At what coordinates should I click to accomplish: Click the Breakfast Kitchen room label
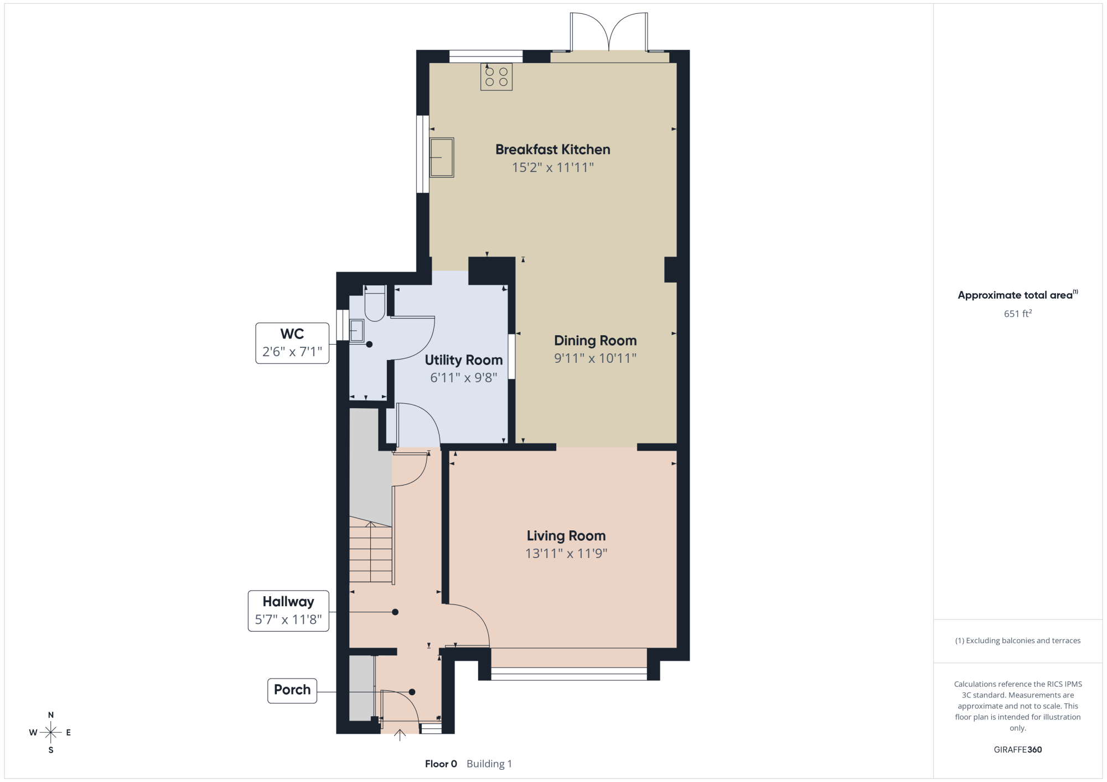point(552,149)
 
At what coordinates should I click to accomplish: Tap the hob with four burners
point(496,77)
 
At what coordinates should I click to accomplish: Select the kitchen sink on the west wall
point(442,158)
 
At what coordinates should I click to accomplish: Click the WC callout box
point(292,343)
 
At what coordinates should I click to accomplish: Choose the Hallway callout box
point(288,611)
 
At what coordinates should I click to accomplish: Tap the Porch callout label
point(292,690)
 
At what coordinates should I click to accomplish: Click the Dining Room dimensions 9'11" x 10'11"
point(595,358)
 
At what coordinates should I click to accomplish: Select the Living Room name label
point(566,536)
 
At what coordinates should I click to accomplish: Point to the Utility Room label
point(464,360)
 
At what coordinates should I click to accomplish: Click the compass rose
point(51,733)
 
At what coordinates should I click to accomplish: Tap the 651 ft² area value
point(1018,314)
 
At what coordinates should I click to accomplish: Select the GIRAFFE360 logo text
point(1018,750)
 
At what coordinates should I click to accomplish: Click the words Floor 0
point(441,764)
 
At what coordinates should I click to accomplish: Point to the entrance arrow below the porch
point(400,735)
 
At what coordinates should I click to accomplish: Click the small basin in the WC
point(356,331)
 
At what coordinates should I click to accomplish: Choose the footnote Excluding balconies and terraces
point(1018,640)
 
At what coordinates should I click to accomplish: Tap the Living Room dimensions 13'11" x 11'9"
point(566,554)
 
